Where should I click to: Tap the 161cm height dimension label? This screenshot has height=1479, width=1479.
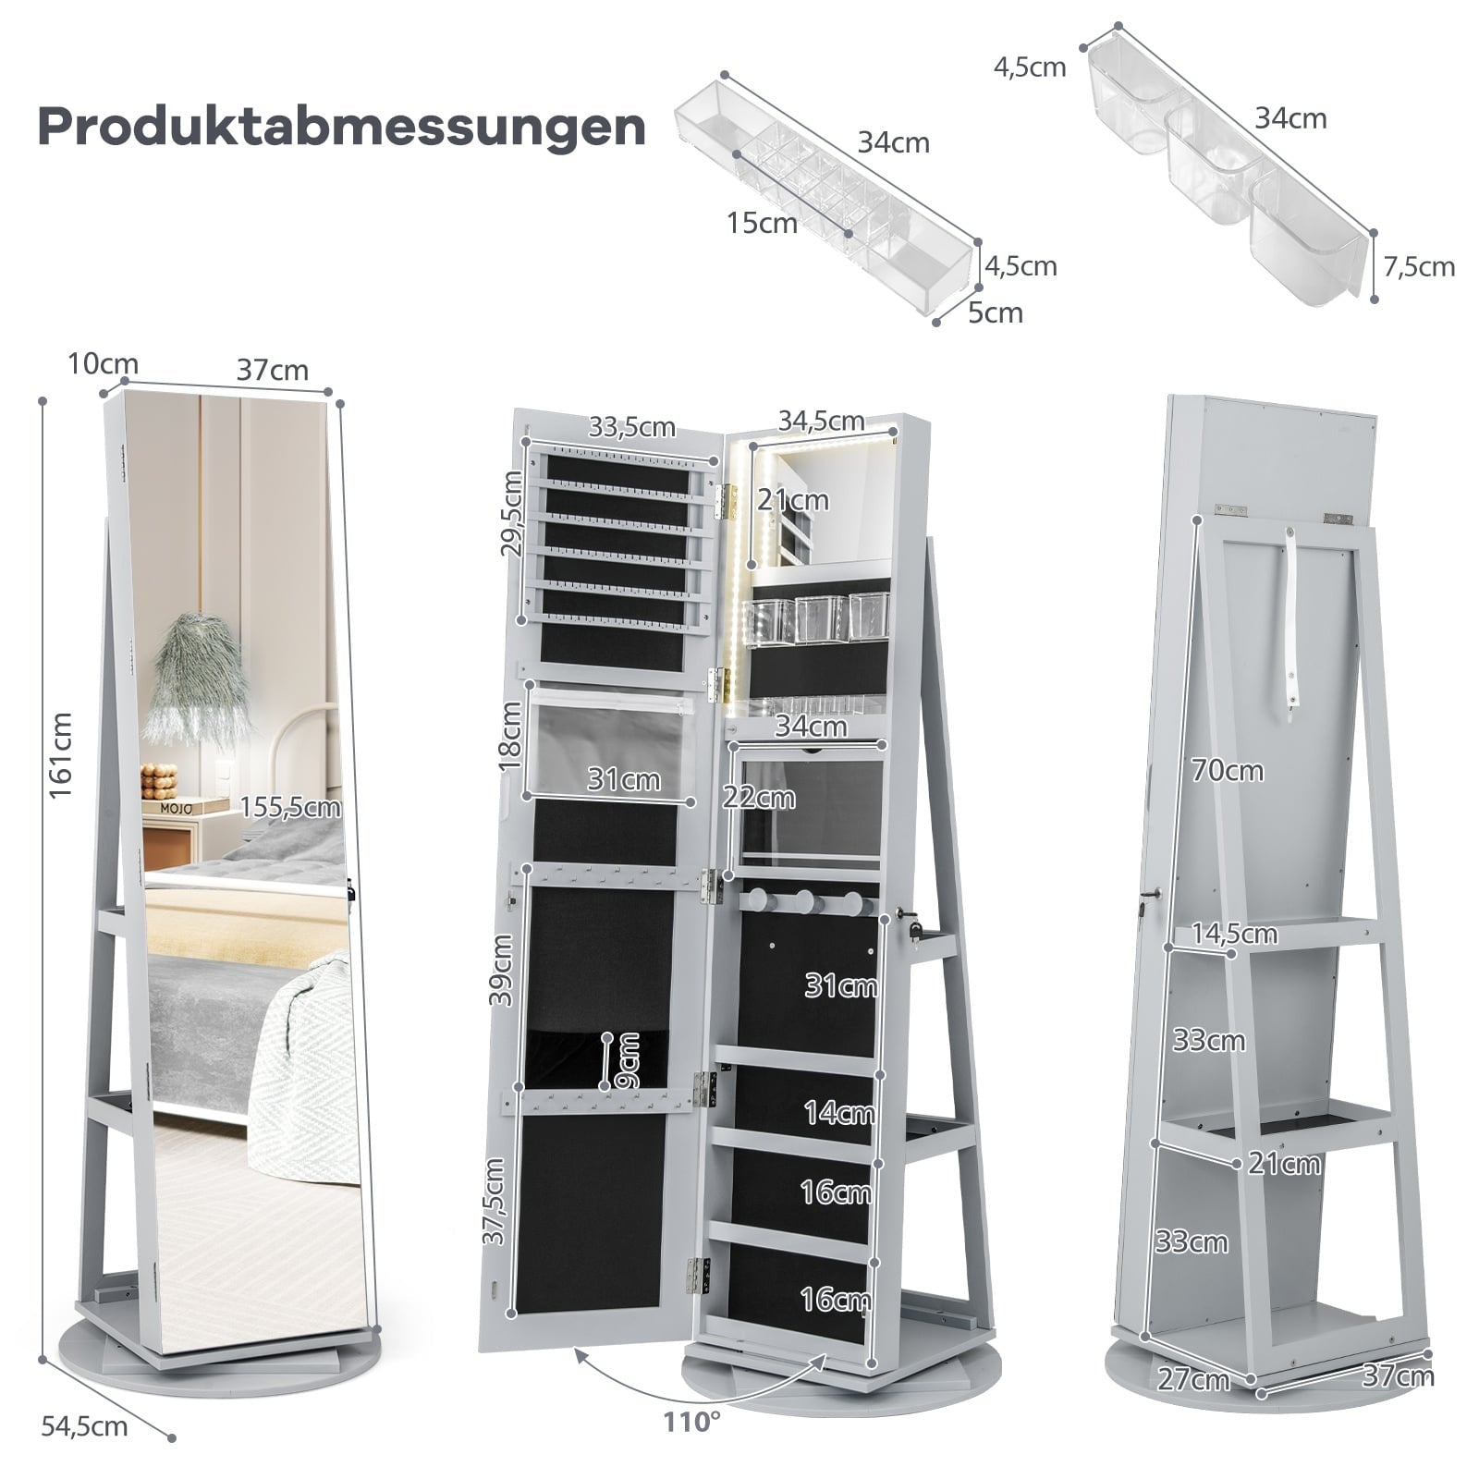pos(61,755)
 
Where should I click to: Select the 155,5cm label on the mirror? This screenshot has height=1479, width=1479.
pos(290,807)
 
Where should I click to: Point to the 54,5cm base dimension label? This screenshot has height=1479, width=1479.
pos(84,1426)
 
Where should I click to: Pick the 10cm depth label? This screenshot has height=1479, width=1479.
pos(103,364)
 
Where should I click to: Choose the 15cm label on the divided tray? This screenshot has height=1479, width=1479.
pos(762,223)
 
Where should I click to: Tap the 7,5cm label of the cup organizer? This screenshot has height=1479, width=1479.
pos(1419,267)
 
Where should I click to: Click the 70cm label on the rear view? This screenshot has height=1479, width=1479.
pos(1227,770)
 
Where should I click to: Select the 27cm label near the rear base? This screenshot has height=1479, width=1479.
pos(1193,1380)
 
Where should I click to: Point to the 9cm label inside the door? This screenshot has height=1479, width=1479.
pos(628,1059)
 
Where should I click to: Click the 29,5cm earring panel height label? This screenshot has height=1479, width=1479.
pos(511,512)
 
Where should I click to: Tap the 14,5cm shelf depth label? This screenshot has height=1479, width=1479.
pos(1234,934)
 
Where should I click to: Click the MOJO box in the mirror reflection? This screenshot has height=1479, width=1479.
pos(177,807)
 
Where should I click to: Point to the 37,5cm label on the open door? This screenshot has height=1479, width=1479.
pos(495,1202)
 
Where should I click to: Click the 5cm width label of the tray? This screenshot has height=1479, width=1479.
pos(996,312)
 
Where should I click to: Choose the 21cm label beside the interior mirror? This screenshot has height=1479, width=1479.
pos(793,500)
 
